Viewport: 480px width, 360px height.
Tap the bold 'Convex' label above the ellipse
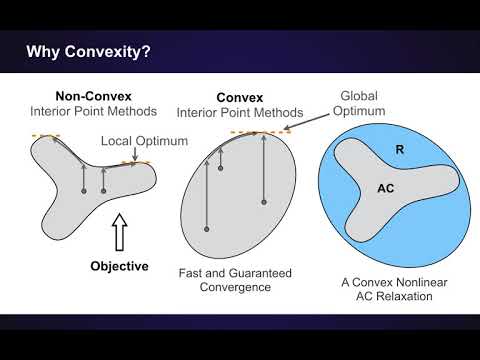coord(238,99)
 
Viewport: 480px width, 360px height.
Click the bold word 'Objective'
coord(119,266)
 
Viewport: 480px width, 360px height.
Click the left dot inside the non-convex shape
coord(83,190)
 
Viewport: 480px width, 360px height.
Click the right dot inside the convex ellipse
coord(263,202)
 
